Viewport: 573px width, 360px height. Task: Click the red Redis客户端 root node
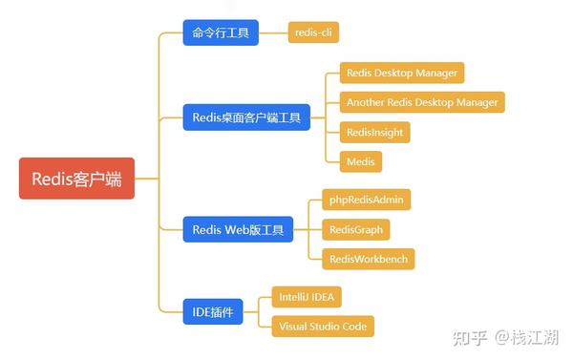76,178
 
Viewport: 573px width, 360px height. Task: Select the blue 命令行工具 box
219,33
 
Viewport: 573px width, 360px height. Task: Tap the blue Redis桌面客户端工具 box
245,118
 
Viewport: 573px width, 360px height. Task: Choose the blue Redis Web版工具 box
238,229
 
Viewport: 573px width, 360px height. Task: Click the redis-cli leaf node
312,33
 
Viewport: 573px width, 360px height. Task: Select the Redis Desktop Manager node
401,73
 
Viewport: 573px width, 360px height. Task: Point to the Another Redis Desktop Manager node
421,102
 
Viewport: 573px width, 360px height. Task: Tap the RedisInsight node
374,132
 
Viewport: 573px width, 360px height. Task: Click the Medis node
361,161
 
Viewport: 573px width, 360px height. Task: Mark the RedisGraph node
349,229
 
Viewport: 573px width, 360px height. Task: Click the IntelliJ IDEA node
306,296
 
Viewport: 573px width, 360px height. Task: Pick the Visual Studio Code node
322,326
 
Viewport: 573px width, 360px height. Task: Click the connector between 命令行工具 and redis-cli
272,33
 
